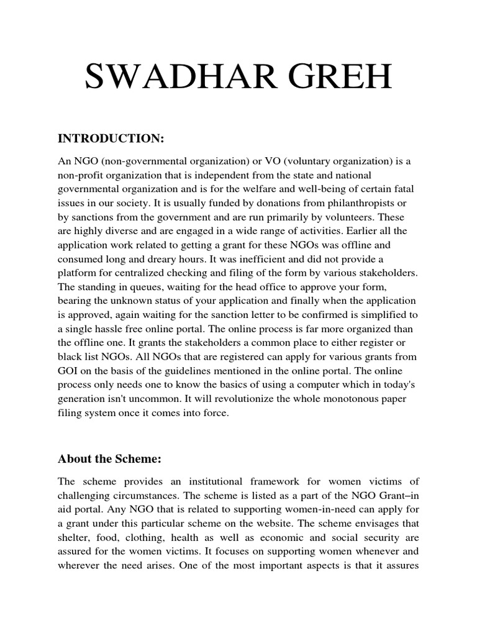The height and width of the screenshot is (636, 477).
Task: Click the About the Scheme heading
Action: pyautogui.click(x=109, y=459)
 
